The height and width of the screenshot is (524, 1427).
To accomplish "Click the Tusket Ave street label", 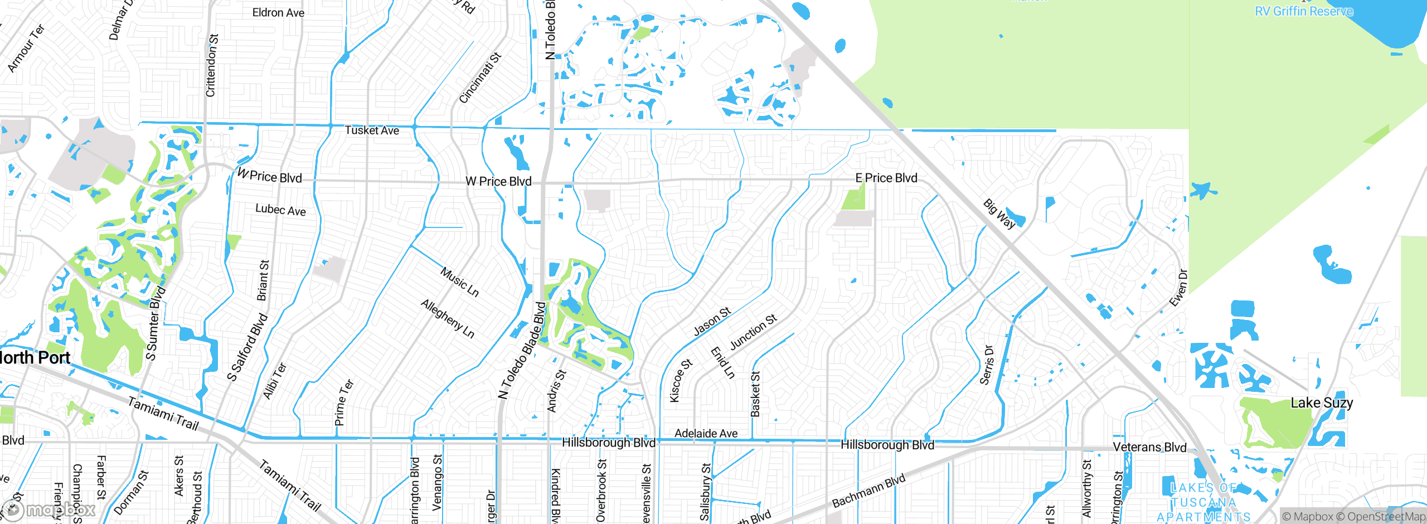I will coord(372,130).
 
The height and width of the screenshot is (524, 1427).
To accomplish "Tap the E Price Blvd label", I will coord(886,178).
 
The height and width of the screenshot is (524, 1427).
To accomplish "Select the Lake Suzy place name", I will coord(1322,402).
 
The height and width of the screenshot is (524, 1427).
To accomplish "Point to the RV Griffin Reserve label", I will coord(1304,11).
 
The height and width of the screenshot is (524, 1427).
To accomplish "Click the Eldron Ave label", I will coord(278,12).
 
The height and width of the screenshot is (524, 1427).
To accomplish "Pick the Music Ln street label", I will coord(459,282).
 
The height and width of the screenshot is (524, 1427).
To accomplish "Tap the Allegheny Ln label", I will coord(448,318).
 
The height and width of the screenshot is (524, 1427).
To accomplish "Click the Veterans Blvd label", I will coord(1149,447).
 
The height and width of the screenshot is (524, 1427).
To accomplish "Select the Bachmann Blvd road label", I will coord(868,491).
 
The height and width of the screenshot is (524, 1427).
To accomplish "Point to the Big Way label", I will coord(999,214).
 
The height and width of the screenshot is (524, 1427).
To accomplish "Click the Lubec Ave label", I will coord(280,210).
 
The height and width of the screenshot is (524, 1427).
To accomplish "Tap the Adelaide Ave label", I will coord(706,433).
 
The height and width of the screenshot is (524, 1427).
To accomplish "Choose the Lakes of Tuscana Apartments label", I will coord(1203,502).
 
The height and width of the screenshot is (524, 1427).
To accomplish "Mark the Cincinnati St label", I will coord(480,77).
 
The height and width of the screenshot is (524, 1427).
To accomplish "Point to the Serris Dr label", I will coord(987,365).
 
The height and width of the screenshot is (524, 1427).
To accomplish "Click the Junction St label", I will coord(753,332).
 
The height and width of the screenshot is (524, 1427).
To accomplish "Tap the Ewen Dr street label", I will coord(1179,288).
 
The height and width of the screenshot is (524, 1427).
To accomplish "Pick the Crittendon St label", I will coord(212,65).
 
